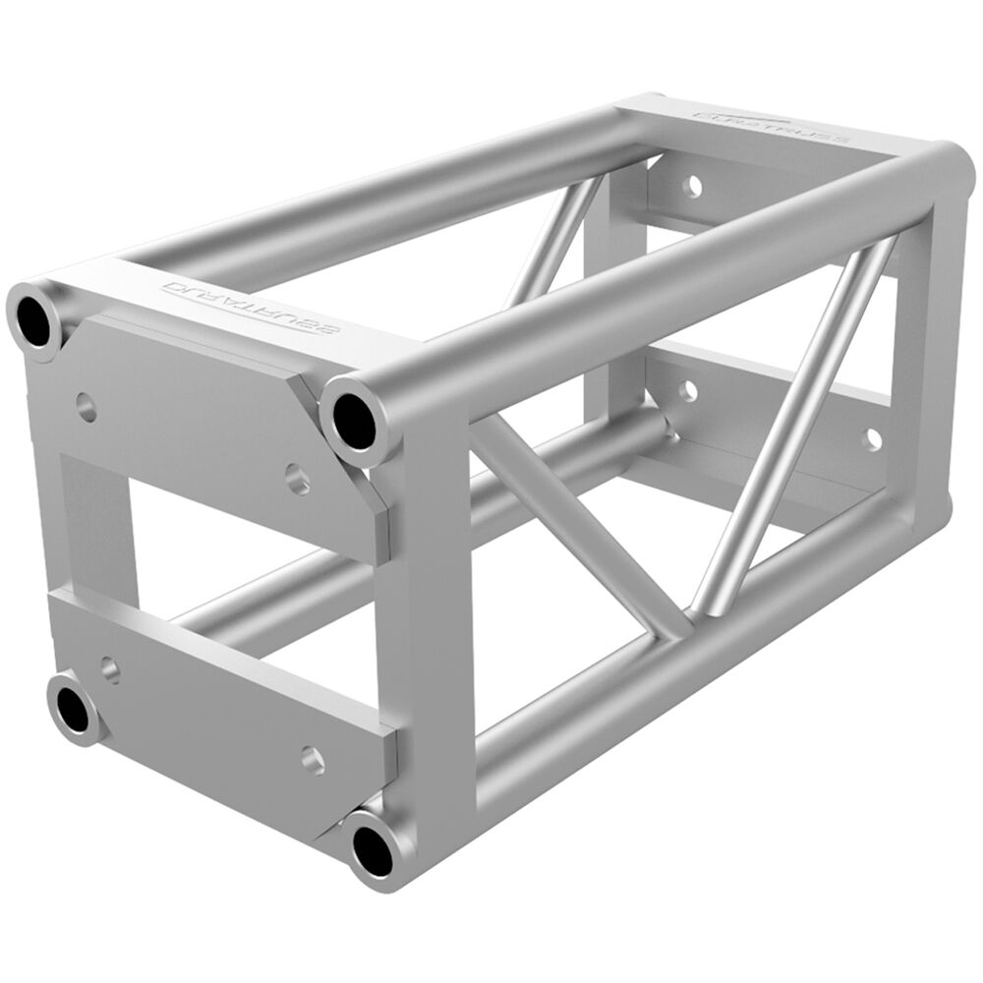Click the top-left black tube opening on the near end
[37, 318]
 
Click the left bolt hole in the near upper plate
[87, 406]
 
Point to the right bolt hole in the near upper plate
[298, 480]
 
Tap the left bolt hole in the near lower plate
[110, 670]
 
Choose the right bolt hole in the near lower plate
[313, 758]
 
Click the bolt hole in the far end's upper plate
[694, 184]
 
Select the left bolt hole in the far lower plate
[688, 391]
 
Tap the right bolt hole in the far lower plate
[872, 438]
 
